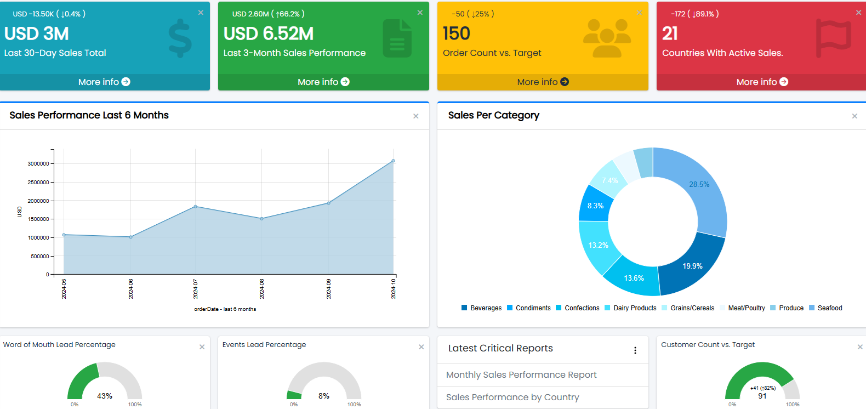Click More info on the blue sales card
[x=104, y=82]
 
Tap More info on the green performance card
[x=323, y=82]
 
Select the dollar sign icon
[x=180, y=39]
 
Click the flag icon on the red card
[x=833, y=38]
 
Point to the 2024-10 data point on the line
[x=393, y=161]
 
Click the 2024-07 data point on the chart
[x=196, y=207]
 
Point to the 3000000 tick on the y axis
[x=38, y=164]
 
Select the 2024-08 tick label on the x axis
[x=262, y=288]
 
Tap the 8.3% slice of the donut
[x=595, y=206]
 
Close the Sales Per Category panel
[x=854, y=116]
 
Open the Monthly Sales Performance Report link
[x=521, y=375]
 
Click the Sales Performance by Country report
[x=512, y=397]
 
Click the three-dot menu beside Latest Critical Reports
[x=635, y=350]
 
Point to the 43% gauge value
[x=105, y=396]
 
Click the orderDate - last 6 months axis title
[x=225, y=309]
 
